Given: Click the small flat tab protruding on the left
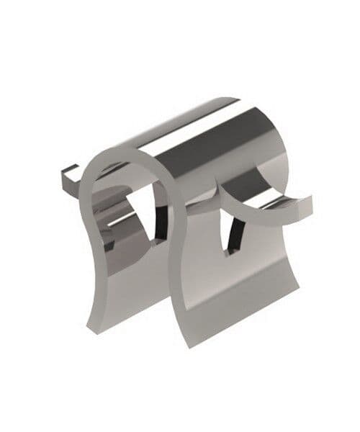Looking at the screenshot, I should point(68,175).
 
